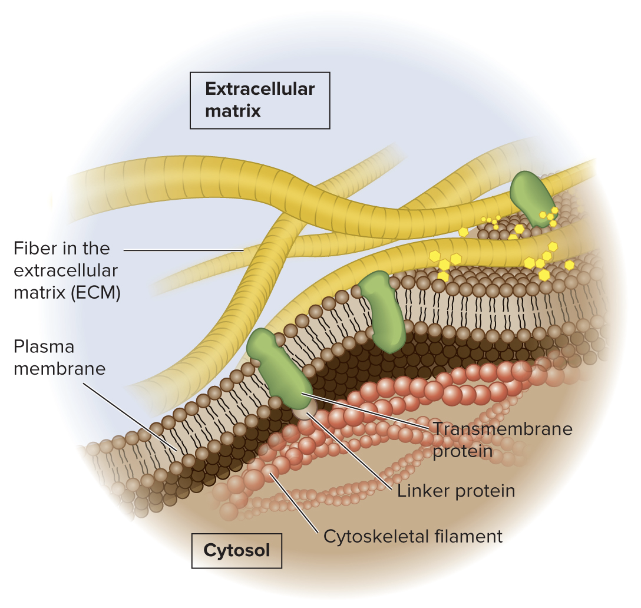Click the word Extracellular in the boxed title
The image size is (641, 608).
[260, 90]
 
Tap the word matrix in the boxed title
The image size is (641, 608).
[233, 111]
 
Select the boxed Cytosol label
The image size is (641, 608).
[237, 550]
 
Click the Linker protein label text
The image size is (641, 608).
[456, 491]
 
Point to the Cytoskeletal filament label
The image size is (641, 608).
[412, 537]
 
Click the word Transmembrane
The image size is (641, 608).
[503, 428]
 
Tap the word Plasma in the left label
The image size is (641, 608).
[44, 347]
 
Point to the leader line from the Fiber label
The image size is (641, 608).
[183, 250]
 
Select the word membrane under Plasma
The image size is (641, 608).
[60, 369]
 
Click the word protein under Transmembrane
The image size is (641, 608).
[462, 451]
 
